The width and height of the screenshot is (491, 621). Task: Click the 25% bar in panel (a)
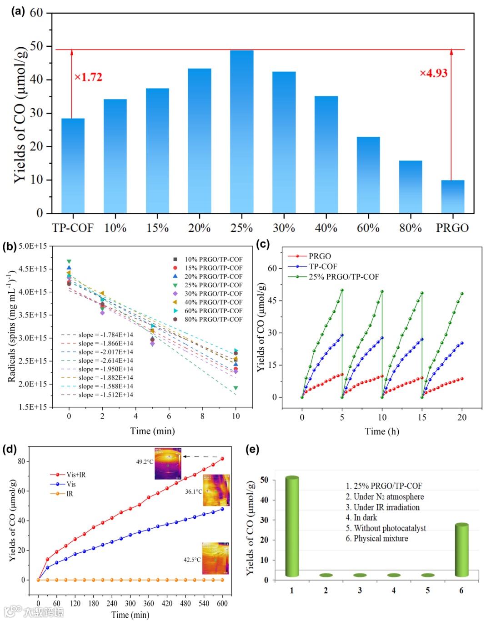(x=241, y=131)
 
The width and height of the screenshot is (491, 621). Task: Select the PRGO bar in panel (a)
(x=452, y=196)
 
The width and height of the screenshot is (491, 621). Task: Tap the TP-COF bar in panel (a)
(x=73, y=165)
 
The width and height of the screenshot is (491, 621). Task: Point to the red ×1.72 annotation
(x=88, y=77)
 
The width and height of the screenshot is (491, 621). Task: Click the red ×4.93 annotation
(x=433, y=73)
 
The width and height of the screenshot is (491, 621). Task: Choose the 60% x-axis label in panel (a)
(x=368, y=228)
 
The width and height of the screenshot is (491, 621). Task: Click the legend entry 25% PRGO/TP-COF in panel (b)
(x=213, y=285)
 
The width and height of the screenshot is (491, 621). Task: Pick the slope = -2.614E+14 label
(x=105, y=361)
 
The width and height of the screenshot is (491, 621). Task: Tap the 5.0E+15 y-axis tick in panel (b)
(x=33, y=246)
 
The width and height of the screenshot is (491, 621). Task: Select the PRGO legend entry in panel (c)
(x=320, y=256)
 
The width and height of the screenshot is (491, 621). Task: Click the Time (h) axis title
(x=382, y=431)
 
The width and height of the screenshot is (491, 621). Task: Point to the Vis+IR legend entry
(x=76, y=475)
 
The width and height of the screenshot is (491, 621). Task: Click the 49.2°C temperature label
(x=145, y=462)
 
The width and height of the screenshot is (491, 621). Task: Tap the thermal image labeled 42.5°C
(x=215, y=558)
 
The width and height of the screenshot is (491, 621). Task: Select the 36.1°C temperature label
(x=193, y=491)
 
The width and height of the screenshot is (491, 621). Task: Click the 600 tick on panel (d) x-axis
(x=222, y=603)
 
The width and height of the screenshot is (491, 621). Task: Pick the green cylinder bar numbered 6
(x=461, y=550)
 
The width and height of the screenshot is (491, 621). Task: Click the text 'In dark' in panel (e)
(x=365, y=518)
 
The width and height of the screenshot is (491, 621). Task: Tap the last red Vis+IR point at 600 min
(x=222, y=459)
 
